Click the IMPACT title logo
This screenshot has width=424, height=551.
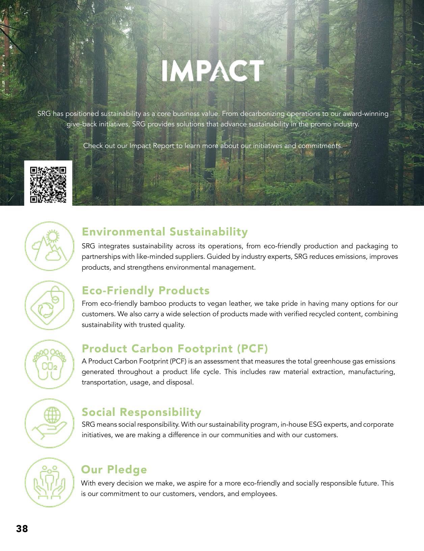[x=213, y=71]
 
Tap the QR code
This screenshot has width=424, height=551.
[x=48, y=184]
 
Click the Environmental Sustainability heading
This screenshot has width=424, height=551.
[x=165, y=232]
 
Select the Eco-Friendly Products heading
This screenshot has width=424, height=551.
[x=145, y=291]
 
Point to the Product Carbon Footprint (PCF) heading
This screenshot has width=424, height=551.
[x=175, y=349]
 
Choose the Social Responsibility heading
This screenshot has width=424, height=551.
[x=141, y=412]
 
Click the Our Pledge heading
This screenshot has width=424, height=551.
[x=114, y=470]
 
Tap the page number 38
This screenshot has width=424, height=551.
[x=22, y=529]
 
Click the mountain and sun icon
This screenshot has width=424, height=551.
[x=49, y=246]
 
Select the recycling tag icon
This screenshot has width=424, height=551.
[x=49, y=305]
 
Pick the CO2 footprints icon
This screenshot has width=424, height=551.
[x=49, y=365]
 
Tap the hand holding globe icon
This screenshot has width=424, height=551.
[x=49, y=423]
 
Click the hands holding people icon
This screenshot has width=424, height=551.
[x=49, y=482]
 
